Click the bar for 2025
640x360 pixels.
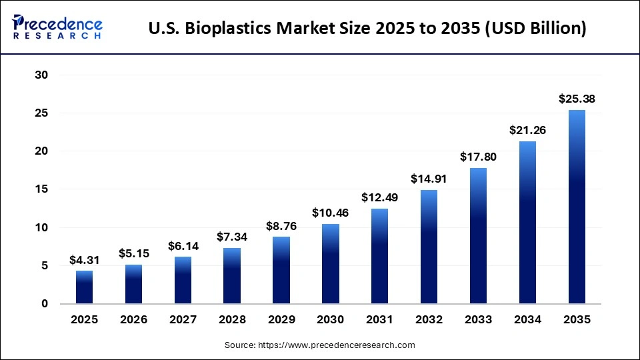(84, 287)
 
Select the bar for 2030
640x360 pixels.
(330, 264)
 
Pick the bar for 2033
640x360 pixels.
(478, 236)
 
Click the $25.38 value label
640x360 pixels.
(577, 99)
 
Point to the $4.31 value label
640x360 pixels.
(84, 260)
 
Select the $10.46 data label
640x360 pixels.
(330, 213)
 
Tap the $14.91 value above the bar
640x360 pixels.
(429, 179)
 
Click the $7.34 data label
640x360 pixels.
(232, 237)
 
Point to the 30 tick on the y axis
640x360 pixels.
(41, 75)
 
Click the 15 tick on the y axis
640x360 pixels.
(41, 189)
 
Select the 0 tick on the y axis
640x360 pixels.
(45, 304)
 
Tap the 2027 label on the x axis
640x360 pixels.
(183, 320)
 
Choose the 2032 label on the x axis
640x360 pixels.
(429, 320)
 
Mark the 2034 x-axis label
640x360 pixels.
(527, 320)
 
